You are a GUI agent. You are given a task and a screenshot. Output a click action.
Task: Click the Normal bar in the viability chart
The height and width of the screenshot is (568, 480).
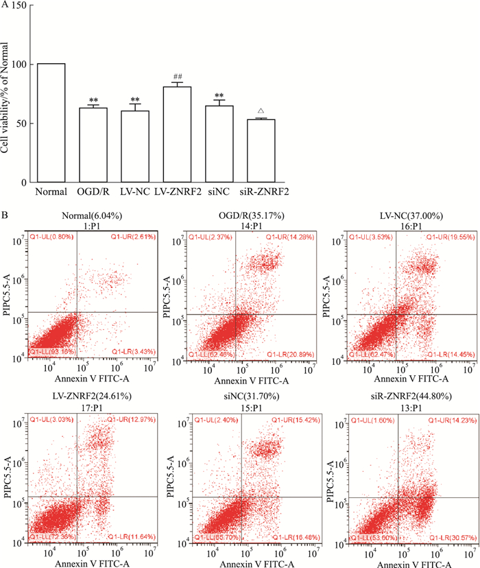tap(51, 123)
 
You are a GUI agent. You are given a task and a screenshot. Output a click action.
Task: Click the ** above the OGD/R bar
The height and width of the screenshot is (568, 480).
tap(93, 99)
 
